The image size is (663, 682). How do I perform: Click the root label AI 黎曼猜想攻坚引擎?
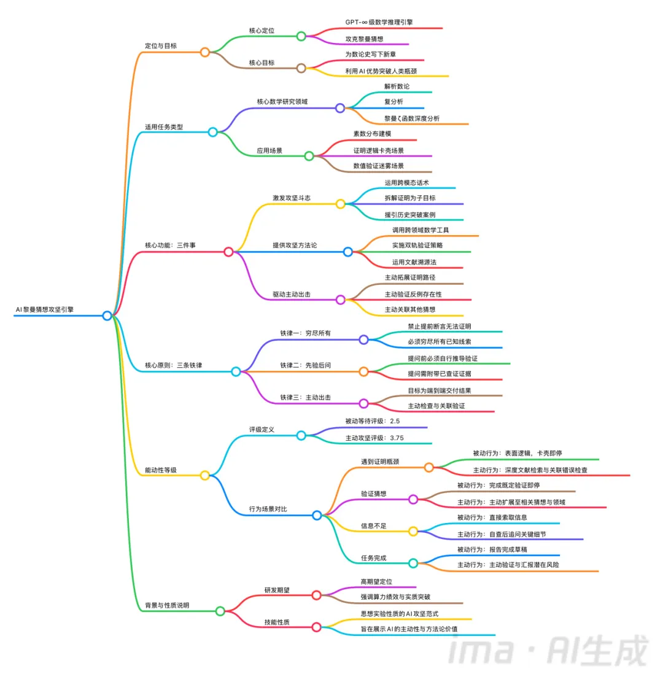tap(44, 309)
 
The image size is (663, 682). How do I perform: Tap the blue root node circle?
tap(107, 316)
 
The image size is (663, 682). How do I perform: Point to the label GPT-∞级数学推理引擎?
tap(379, 21)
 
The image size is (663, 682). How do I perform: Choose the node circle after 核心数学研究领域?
tap(340, 108)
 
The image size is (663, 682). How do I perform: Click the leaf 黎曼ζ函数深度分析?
tap(411, 118)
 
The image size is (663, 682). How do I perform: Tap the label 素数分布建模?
tap(373, 134)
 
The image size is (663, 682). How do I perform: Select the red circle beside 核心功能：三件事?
tap(228, 252)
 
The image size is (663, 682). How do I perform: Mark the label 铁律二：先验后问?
tap(305, 365)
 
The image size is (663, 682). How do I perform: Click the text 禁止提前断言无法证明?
tap(440, 326)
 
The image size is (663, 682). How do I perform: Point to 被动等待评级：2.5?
tap(373, 421)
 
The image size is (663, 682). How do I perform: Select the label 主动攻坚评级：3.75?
tap(374, 438)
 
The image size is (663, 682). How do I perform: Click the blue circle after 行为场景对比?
tap(317, 515)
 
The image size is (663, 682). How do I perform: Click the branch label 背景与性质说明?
tap(167, 605)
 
